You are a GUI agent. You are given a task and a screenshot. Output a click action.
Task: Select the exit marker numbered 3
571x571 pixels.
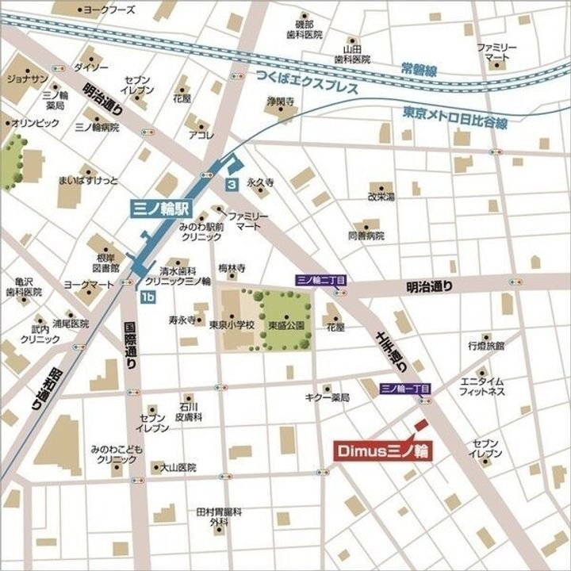(x=231, y=184)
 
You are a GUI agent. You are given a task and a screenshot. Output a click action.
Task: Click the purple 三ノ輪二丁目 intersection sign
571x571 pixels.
(x=320, y=279)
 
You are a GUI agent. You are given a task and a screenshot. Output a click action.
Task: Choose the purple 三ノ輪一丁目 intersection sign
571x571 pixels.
(x=404, y=389)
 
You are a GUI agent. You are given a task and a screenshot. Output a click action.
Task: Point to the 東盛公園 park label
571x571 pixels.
(x=286, y=325)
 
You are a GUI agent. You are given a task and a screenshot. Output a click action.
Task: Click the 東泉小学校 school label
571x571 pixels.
(x=232, y=325)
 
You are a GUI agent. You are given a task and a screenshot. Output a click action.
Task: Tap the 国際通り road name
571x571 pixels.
(x=132, y=347)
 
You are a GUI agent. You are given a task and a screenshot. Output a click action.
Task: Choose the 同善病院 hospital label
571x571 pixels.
(x=366, y=236)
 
